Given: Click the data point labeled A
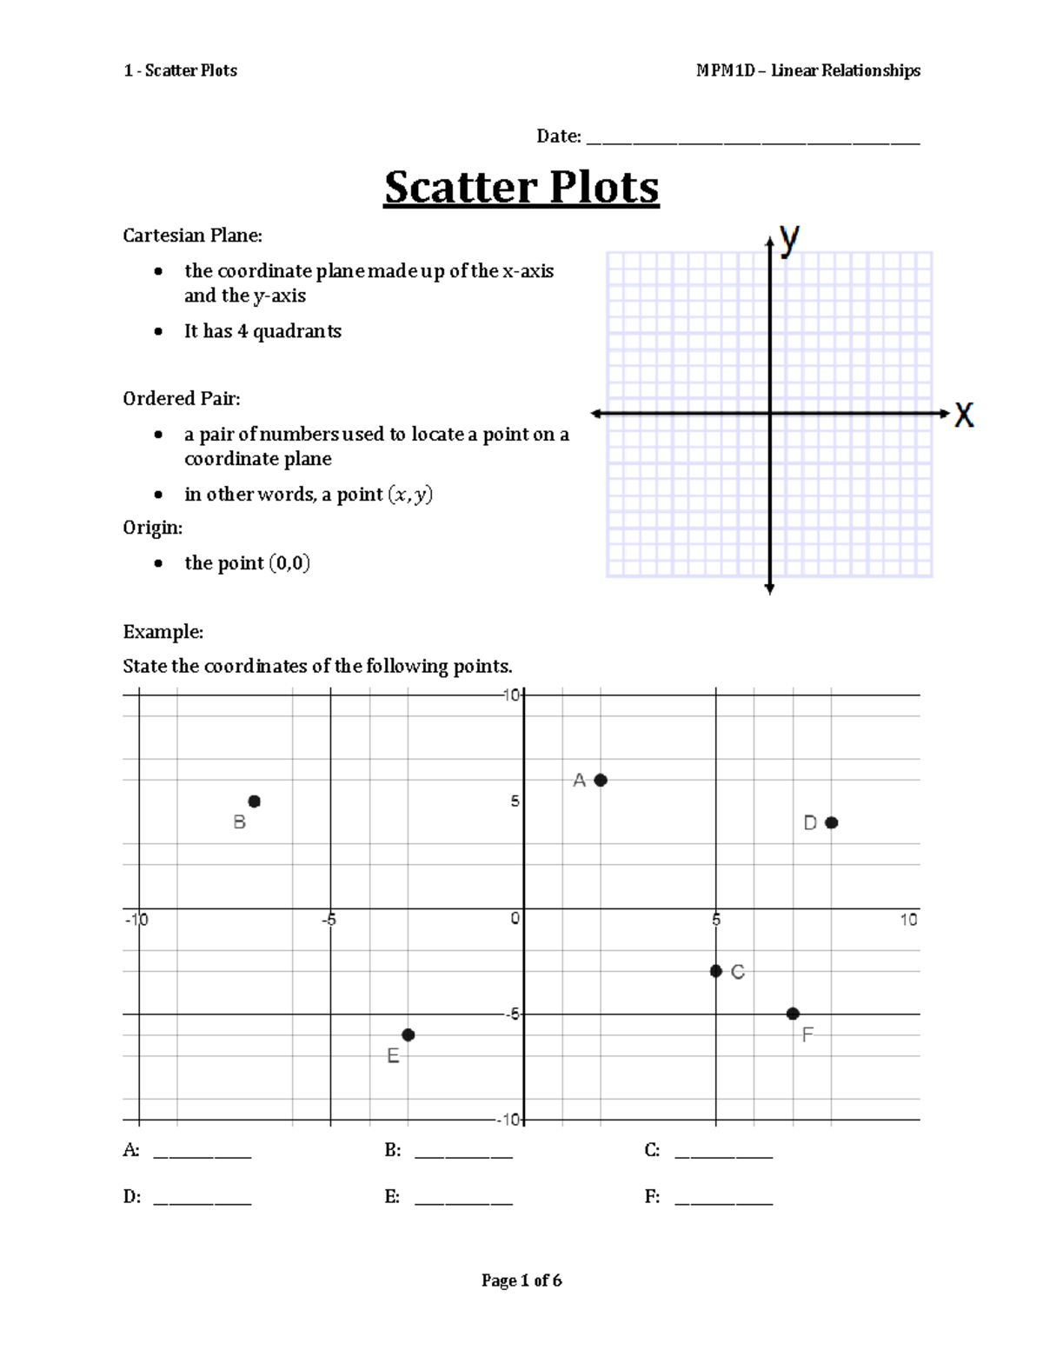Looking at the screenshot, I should [x=601, y=781].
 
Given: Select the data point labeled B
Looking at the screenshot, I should [x=255, y=801].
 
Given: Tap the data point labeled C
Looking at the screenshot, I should [x=716, y=971].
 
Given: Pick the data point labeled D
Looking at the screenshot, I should [x=832, y=822].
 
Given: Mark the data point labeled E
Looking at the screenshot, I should [x=409, y=1034].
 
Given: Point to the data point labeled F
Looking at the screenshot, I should [x=793, y=1014].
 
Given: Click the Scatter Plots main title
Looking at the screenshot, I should [x=521, y=187].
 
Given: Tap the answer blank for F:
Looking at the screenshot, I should [x=724, y=1202].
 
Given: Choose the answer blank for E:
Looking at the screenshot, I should [x=464, y=1202].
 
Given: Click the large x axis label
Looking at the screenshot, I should [x=964, y=415].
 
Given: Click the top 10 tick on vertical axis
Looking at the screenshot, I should [x=511, y=695].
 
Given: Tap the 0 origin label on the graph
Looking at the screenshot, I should [x=515, y=919].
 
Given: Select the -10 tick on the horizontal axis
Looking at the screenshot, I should [x=136, y=920].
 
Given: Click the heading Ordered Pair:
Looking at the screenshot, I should [x=182, y=398].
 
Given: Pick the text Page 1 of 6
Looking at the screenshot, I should [x=521, y=1280].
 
